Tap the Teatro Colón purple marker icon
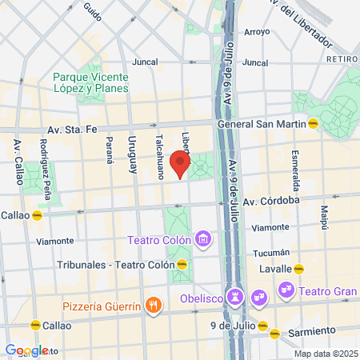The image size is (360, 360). [204, 239]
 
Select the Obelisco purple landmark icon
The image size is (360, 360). [235, 298]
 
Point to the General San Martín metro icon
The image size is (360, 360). [314, 124]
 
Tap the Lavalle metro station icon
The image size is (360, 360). [298, 269]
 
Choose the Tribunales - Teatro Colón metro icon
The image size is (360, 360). [182, 264]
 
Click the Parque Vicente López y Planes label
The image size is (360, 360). [90, 82]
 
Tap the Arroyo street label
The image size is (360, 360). [257, 32]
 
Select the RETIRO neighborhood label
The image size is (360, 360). [342, 59]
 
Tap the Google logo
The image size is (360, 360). [26, 350]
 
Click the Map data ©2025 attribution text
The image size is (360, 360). [324, 354]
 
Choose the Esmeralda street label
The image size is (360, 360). [295, 164]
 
